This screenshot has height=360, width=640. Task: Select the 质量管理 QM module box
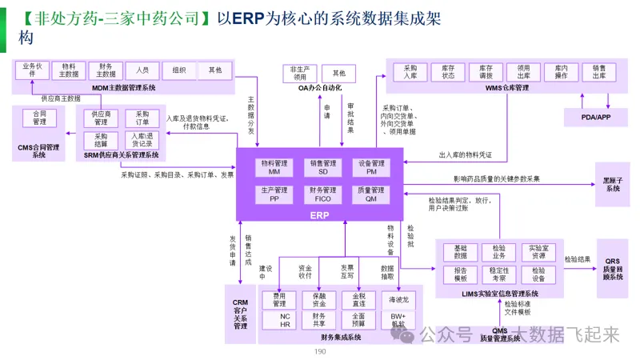click(x=371, y=194)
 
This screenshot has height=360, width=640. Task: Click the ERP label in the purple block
click(x=320, y=214)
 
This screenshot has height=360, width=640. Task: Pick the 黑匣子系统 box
click(x=612, y=184)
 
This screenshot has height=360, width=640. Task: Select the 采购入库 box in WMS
click(x=410, y=73)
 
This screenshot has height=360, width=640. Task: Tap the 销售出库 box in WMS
click(x=599, y=73)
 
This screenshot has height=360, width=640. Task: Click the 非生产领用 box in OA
click(x=299, y=73)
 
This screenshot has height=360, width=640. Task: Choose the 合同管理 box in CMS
click(x=39, y=118)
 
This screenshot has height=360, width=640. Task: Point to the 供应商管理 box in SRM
click(x=101, y=118)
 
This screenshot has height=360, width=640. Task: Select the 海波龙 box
click(x=398, y=300)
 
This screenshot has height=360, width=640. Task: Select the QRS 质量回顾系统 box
click(x=613, y=269)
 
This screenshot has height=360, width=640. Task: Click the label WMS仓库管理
click(x=507, y=88)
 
